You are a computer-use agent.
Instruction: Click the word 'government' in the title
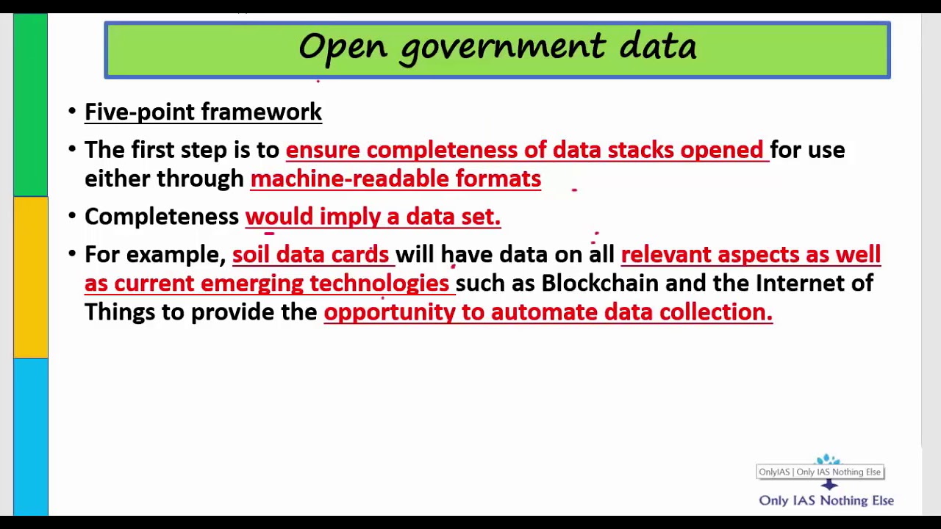[503, 48]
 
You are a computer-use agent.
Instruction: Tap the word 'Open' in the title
[343, 48]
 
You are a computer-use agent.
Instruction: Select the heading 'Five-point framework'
[203, 112]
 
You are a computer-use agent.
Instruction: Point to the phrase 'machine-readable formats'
[396, 179]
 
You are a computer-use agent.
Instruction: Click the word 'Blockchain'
[600, 283]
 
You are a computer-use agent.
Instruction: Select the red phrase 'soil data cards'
[310, 254]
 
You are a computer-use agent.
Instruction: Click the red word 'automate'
[544, 312]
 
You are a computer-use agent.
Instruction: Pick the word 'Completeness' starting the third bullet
[162, 217]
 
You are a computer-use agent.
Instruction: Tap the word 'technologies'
[379, 284]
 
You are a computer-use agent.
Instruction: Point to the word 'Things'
[120, 312]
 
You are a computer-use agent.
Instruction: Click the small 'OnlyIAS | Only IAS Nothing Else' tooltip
[820, 472]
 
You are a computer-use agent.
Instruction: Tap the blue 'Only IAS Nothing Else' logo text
[826, 500]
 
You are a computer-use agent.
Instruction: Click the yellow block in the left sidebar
[31, 278]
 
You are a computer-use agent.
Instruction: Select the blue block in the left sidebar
[31, 436]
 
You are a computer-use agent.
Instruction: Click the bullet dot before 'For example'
[72, 254]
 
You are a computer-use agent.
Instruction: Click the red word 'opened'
[721, 151]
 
